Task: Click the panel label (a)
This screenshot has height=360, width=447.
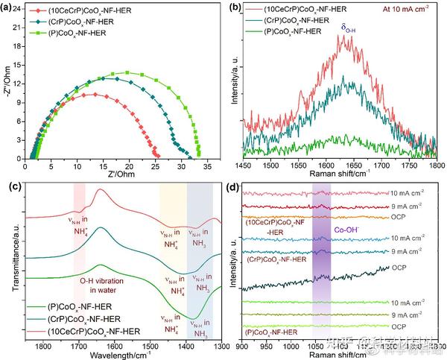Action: coord(7,8)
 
